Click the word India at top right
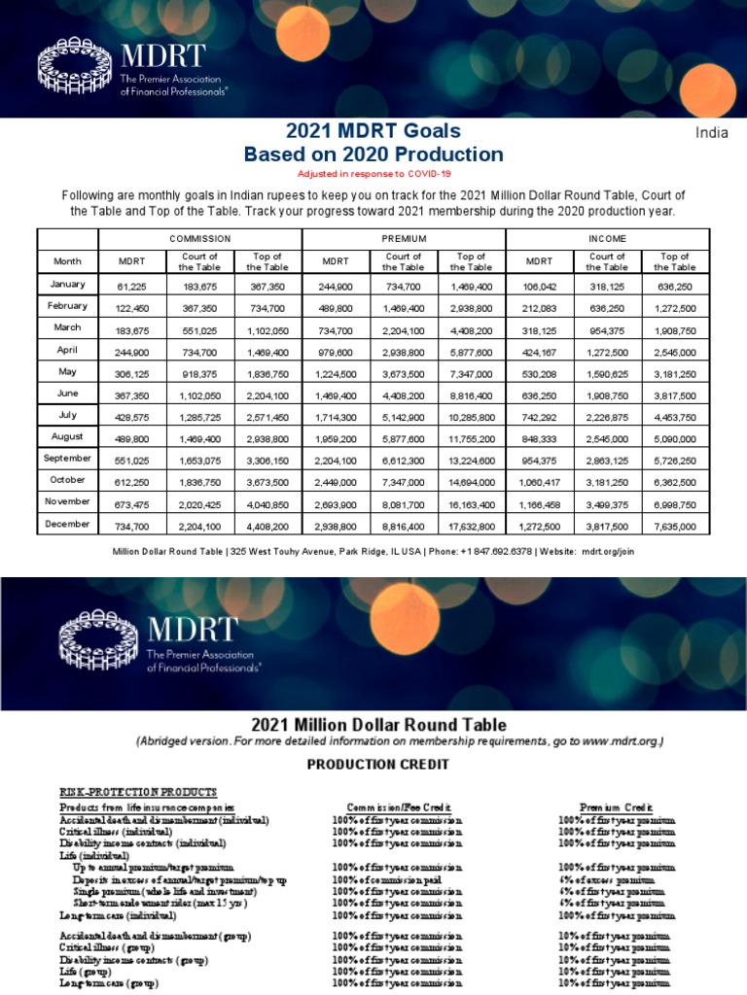click(x=712, y=133)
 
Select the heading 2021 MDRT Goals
click(x=373, y=131)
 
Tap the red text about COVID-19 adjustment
click(x=373, y=172)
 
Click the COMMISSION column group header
click(x=200, y=238)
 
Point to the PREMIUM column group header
click(x=405, y=238)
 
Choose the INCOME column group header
click(x=608, y=238)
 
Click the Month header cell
click(x=68, y=261)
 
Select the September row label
click(x=68, y=458)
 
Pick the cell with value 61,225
click(x=131, y=285)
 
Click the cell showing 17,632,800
click(x=472, y=526)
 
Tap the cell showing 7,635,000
click(x=675, y=526)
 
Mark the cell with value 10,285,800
click(x=472, y=416)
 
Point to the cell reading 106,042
click(x=540, y=285)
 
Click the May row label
click(x=68, y=371)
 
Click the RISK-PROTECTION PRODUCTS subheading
click(x=138, y=793)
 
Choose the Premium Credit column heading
click(x=617, y=807)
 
